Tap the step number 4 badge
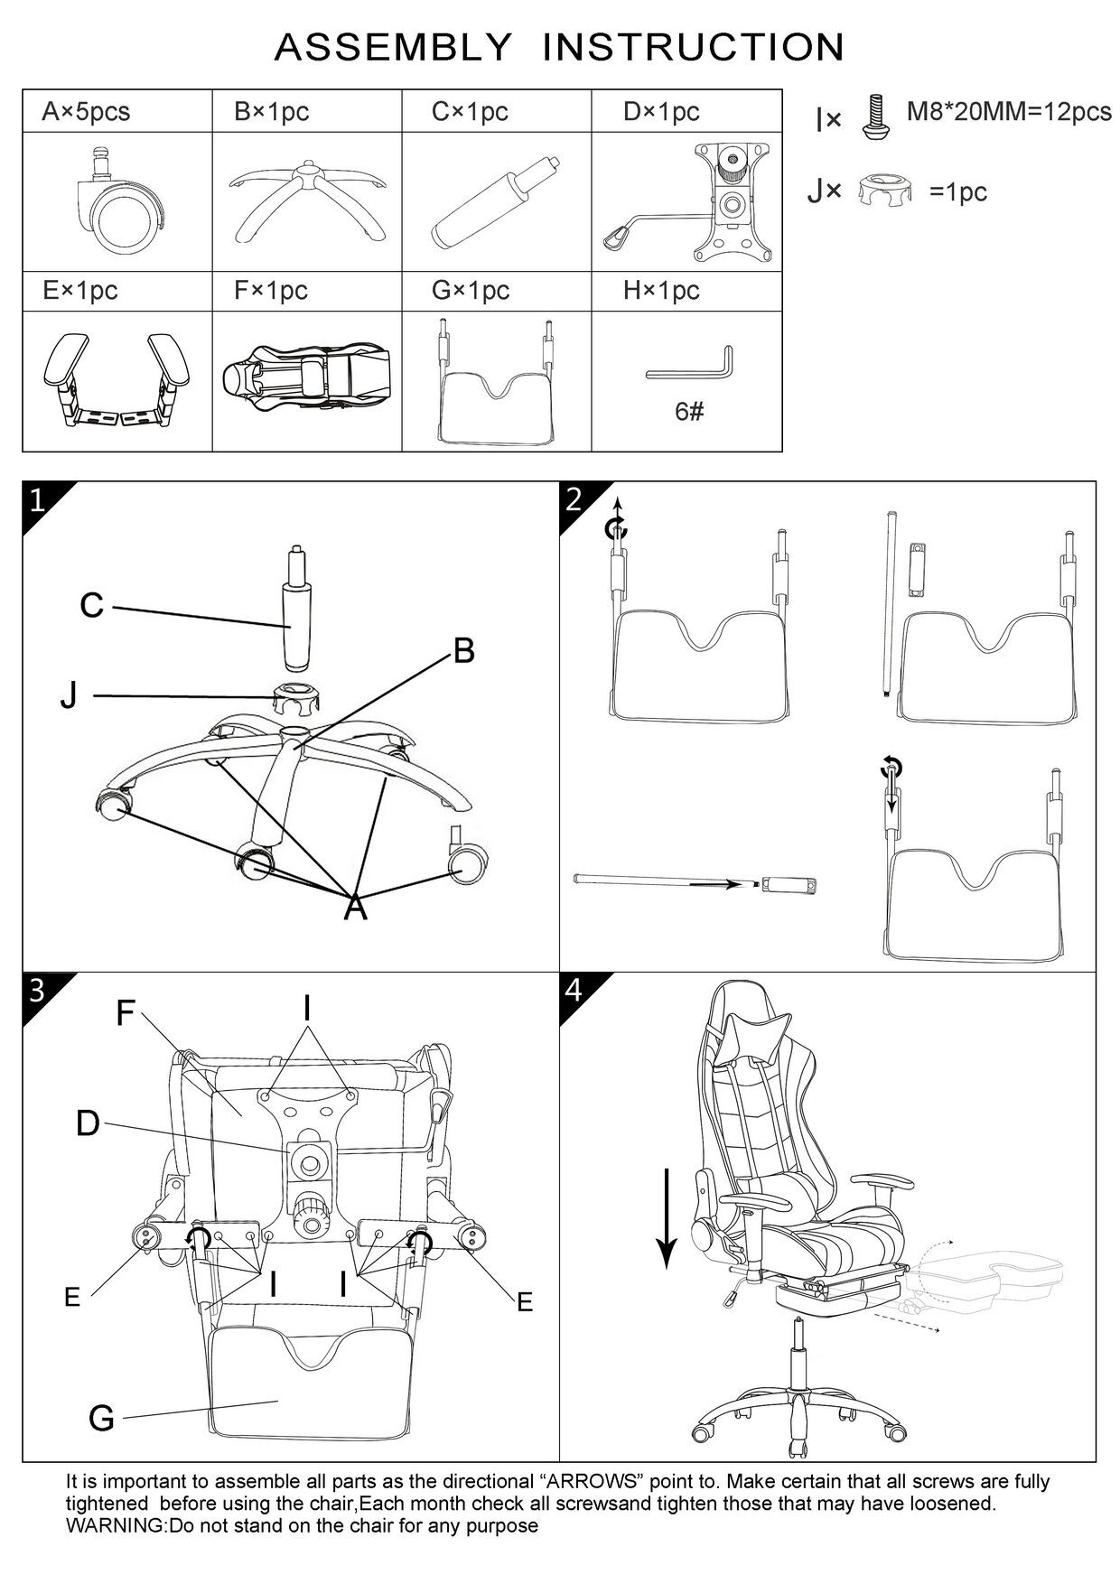pyautogui.click(x=574, y=991)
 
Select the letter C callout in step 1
pyautogui.click(x=92, y=606)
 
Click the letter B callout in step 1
pyautogui.click(x=463, y=651)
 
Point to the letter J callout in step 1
pyautogui.click(x=69, y=696)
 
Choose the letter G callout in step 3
pyautogui.click(x=102, y=1419)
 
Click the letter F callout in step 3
pyautogui.click(x=126, y=1013)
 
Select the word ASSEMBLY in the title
pyautogui.click(x=392, y=48)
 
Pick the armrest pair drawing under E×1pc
pyautogui.click(x=117, y=379)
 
